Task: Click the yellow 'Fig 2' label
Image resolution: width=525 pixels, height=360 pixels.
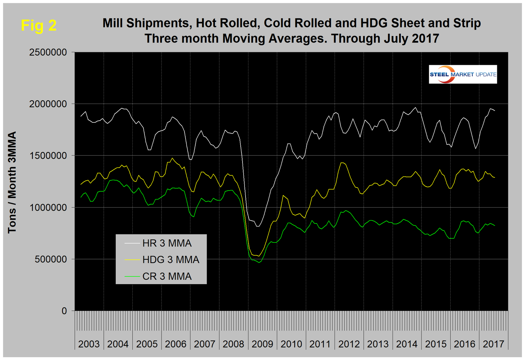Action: click(x=39, y=25)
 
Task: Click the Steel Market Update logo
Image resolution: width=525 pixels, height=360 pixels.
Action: click(x=463, y=74)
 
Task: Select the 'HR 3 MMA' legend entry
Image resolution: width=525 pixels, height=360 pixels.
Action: click(x=167, y=243)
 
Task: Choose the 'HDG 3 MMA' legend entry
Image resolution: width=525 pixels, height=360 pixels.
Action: click(x=170, y=260)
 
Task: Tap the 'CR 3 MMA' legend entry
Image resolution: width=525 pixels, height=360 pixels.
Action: click(x=167, y=276)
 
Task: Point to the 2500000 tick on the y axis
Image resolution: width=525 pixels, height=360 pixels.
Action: click(x=48, y=52)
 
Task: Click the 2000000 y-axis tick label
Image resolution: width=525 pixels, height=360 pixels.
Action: click(x=48, y=104)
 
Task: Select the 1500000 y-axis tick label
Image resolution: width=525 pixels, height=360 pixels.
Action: click(x=48, y=156)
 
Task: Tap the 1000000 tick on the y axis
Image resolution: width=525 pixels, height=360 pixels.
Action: click(x=48, y=208)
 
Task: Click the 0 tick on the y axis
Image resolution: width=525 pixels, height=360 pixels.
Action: click(x=64, y=311)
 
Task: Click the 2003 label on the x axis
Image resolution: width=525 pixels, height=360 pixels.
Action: click(x=89, y=344)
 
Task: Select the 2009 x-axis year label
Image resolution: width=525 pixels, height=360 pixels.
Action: click(x=262, y=344)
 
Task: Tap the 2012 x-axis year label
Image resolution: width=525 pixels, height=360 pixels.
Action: click(x=349, y=344)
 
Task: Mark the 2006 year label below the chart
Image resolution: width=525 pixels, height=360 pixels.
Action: click(x=176, y=344)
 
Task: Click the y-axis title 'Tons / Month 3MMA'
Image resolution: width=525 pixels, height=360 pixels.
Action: click(x=12, y=182)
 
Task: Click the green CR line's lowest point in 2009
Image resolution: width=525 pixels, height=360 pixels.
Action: click(x=260, y=262)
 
